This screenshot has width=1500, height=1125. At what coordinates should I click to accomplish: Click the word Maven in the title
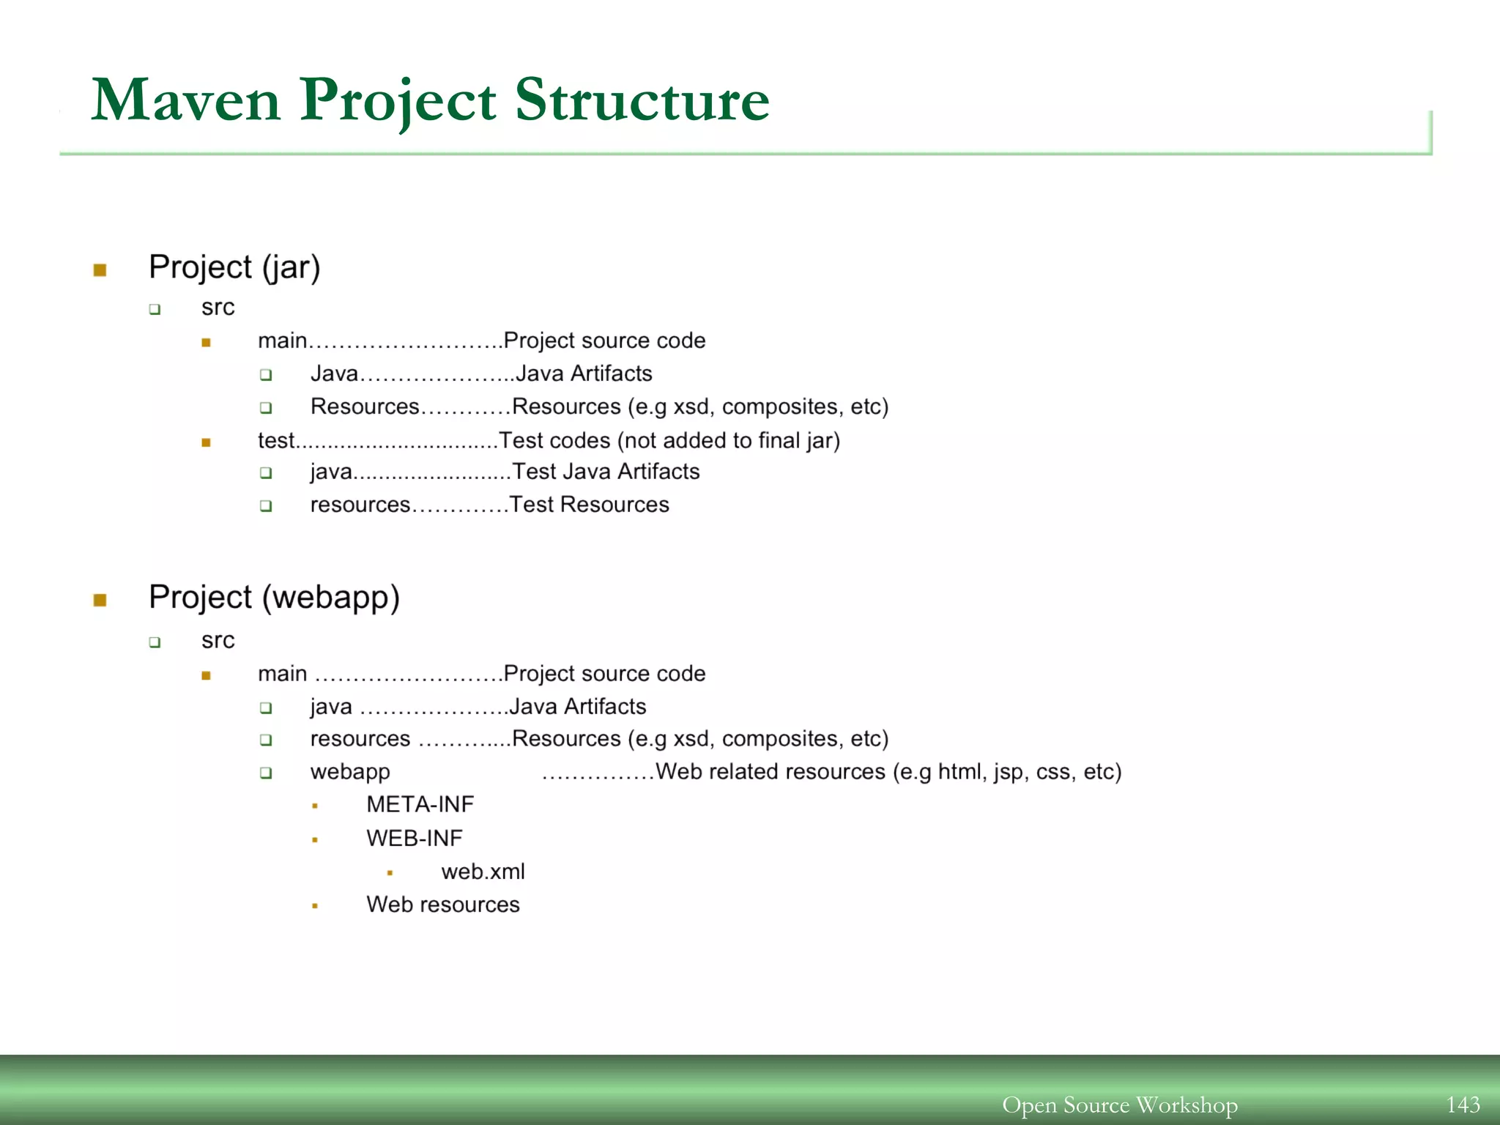[186, 101]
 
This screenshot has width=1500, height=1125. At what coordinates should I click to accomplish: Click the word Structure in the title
[642, 101]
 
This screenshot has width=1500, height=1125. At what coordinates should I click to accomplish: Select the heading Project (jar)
[234, 267]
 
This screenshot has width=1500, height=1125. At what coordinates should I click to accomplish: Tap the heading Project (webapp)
[274, 598]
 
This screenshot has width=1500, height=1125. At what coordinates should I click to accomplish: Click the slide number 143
[1463, 1104]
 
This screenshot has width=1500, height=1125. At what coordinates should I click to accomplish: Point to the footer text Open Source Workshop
[1119, 1104]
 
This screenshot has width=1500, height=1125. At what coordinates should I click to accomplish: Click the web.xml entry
[483, 872]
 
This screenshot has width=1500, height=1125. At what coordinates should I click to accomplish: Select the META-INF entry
[420, 805]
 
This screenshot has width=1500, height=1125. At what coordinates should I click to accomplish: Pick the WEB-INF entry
[414, 839]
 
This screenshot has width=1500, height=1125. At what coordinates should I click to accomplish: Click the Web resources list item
[442, 905]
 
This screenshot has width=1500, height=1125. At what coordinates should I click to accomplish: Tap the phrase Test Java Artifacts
[606, 472]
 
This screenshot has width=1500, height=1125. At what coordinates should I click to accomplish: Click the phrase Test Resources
[589, 505]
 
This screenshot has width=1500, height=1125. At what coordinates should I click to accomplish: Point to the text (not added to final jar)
[729, 440]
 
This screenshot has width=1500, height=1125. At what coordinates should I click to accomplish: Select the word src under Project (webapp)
[218, 641]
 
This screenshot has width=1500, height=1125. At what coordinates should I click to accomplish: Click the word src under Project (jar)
[218, 308]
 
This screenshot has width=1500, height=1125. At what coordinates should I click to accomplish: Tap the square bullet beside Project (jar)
[100, 270]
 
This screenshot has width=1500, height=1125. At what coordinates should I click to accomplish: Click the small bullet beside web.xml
[390, 873]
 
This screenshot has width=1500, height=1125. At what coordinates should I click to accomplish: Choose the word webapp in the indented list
[350, 772]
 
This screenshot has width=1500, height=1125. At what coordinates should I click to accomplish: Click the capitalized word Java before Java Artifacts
[334, 374]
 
